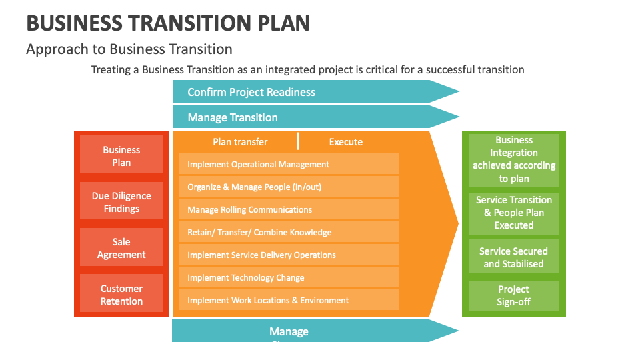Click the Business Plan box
click(x=121, y=156)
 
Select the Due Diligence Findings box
click(x=121, y=202)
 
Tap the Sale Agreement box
click(x=121, y=248)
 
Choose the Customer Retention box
click(x=121, y=295)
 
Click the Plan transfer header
click(x=240, y=141)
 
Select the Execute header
click(x=346, y=141)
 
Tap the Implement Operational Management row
click(x=288, y=164)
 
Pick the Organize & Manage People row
click(x=288, y=187)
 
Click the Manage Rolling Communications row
click(x=288, y=209)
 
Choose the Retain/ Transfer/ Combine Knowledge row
click(x=288, y=232)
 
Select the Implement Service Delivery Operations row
click(x=288, y=255)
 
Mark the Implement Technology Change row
click(x=288, y=277)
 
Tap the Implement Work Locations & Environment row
click(x=288, y=300)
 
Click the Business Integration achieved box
click(x=514, y=159)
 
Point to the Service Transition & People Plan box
click(x=514, y=213)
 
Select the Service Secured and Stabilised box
click(x=514, y=257)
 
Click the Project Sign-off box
click(x=514, y=296)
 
